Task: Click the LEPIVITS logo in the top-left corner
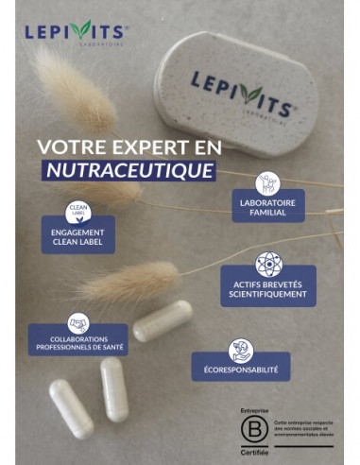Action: (75, 30)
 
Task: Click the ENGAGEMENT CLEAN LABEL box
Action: (77, 237)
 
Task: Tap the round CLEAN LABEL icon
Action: (77, 212)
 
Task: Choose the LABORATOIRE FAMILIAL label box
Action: (268, 208)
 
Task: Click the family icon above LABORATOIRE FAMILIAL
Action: (268, 182)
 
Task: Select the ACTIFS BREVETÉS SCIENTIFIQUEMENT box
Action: (268, 288)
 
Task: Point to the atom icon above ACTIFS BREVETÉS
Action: (268, 263)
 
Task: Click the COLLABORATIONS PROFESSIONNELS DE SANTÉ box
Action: (77, 342)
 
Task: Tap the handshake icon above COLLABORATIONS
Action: (77, 321)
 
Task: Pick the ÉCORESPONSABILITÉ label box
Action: (241, 370)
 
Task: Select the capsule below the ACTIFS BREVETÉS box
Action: (162, 321)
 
